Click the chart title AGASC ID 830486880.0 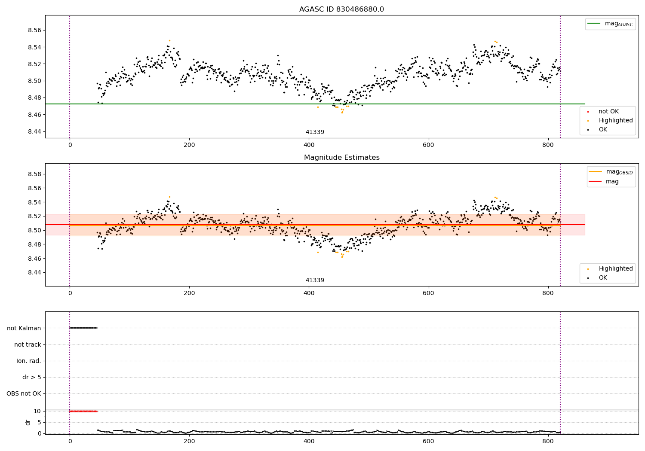click(x=341, y=9)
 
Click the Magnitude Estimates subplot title click(x=342, y=157)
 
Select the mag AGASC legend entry click(x=611, y=24)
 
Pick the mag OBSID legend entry click(x=611, y=172)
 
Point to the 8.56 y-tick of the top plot click(x=34, y=30)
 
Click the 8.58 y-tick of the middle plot click(x=34, y=174)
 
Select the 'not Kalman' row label click(x=24, y=328)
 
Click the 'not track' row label click(x=28, y=344)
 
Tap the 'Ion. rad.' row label click(x=29, y=361)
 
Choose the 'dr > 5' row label click(x=32, y=377)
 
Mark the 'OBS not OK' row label click(x=24, y=393)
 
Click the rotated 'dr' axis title click(x=28, y=422)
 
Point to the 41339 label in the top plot click(x=315, y=132)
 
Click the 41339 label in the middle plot click(x=315, y=280)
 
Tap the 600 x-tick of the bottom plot click(x=428, y=441)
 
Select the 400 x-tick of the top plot click(x=309, y=145)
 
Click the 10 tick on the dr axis click(x=37, y=411)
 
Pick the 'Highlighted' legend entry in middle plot click(x=610, y=268)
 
